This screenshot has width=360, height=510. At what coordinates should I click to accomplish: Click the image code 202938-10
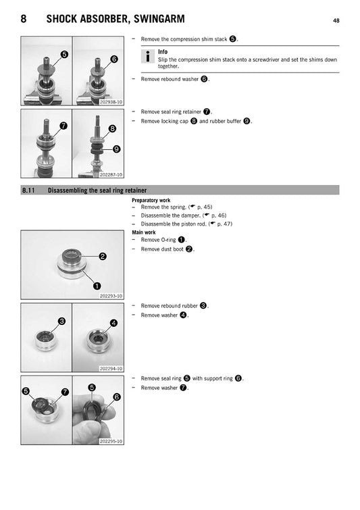tap(111, 102)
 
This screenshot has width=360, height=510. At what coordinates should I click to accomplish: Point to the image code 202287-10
tap(111, 174)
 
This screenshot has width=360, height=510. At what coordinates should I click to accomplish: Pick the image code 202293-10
tap(111, 296)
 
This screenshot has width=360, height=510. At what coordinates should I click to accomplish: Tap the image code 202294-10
tap(111, 368)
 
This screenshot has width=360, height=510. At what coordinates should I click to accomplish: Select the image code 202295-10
tap(111, 441)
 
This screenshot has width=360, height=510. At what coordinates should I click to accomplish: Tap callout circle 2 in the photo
tap(103, 256)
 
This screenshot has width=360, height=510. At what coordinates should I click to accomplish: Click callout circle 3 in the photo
tap(61, 321)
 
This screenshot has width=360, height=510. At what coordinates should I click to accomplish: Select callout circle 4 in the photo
tap(113, 323)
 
